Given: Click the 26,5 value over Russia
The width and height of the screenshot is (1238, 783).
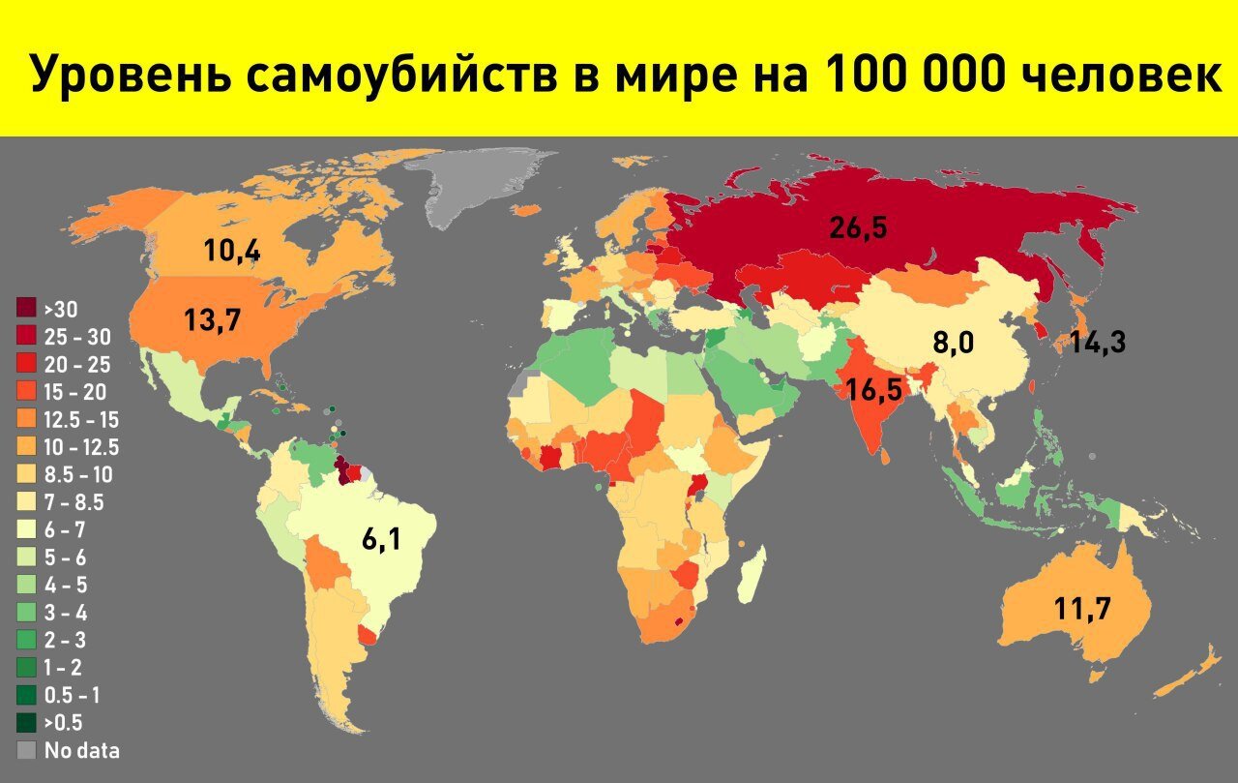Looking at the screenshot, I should (x=858, y=228).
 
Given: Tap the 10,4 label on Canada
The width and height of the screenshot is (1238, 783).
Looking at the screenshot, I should (x=231, y=251).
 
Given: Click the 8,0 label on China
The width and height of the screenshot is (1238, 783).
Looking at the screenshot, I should (x=953, y=344).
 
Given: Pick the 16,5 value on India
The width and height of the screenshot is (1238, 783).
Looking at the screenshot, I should (x=873, y=390).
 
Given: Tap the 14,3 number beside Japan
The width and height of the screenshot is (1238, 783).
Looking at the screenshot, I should (x=1097, y=342).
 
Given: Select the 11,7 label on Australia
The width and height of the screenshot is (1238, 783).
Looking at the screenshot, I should (x=1082, y=609).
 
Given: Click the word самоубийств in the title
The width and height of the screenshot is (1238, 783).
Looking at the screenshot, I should (x=397, y=75).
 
